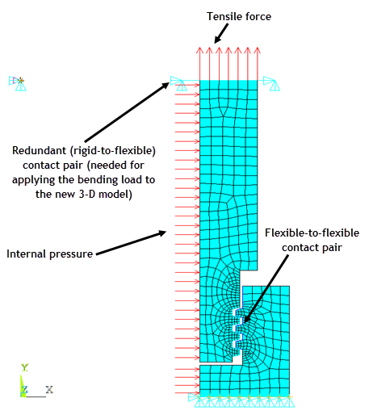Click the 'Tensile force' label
click(x=239, y=16)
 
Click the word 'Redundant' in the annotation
click(x=39, y=150)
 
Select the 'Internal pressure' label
click(x=50, y=254)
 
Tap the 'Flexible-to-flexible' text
click(x=312, y=233)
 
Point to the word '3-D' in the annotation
click(x=87, y=194)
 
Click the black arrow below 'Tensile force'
click(x=221, y=33)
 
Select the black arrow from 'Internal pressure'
click(x=132, y=243)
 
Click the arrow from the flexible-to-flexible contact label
click(x=266, y=288)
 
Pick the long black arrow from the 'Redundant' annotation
click(x=127, y=112)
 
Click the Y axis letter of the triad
click(x=24, y=367)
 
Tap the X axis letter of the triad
click(x=49, y=389)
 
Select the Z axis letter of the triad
click(x=24, y=389)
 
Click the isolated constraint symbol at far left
click(x=18, y=83)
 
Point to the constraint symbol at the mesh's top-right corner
click(x=271, y=83)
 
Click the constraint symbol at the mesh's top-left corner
click(x=178, y=83)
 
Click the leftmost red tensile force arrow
click(x=199, y=64)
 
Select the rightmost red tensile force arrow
click(x=258, y=64)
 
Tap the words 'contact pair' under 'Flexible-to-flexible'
click(x=312, y=248)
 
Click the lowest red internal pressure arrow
click(x=187, y=393)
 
